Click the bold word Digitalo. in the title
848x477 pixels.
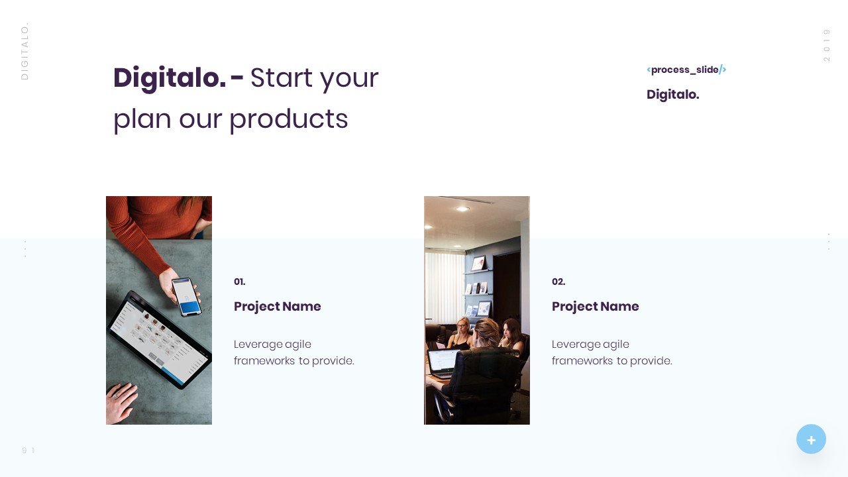169,78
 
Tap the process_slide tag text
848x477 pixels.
685,70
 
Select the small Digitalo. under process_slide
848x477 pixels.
672,95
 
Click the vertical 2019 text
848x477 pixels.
826,45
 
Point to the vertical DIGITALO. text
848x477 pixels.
25,51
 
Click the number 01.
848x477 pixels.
239,282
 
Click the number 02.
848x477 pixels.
558,282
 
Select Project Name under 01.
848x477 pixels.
277,307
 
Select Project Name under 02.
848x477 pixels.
595,307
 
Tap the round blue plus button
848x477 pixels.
811,439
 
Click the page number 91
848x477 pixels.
28,450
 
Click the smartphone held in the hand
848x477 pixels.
186,297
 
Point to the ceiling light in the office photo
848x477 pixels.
462,209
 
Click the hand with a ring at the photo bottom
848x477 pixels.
121,402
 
